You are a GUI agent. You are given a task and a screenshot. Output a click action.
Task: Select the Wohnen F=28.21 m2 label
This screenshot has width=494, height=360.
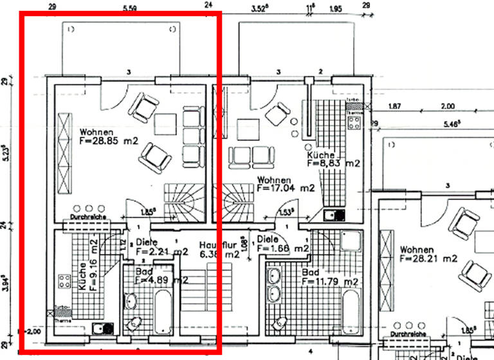(428, 254)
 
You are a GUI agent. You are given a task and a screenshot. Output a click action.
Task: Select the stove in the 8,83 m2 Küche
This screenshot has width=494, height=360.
(355, 119)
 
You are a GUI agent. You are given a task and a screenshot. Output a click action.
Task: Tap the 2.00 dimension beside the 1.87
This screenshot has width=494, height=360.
(446, 106)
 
